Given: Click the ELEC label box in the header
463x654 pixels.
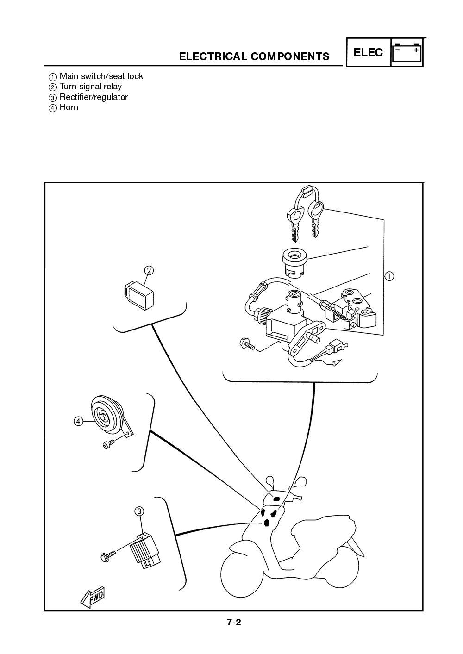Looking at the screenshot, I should coord(368,53).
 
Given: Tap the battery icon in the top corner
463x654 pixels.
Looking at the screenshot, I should coord(407,53).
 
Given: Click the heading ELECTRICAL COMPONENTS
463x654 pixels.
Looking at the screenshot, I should coord(254,56).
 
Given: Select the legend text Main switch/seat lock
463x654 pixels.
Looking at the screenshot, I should coord(101,76).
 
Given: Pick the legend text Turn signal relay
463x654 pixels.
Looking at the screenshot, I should coord(90,87).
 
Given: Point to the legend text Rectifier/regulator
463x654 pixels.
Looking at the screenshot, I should coord(94,97).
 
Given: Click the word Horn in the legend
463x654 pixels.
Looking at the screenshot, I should coord(69,107).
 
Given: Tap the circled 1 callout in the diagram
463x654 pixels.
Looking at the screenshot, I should coord(389,276).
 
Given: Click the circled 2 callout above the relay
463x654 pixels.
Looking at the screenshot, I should coord(149,270).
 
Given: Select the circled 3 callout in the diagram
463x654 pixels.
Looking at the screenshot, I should coord(139,511).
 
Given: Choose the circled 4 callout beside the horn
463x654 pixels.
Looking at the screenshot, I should coord(78,421).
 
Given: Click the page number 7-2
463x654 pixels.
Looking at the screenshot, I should coord(234,623).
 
